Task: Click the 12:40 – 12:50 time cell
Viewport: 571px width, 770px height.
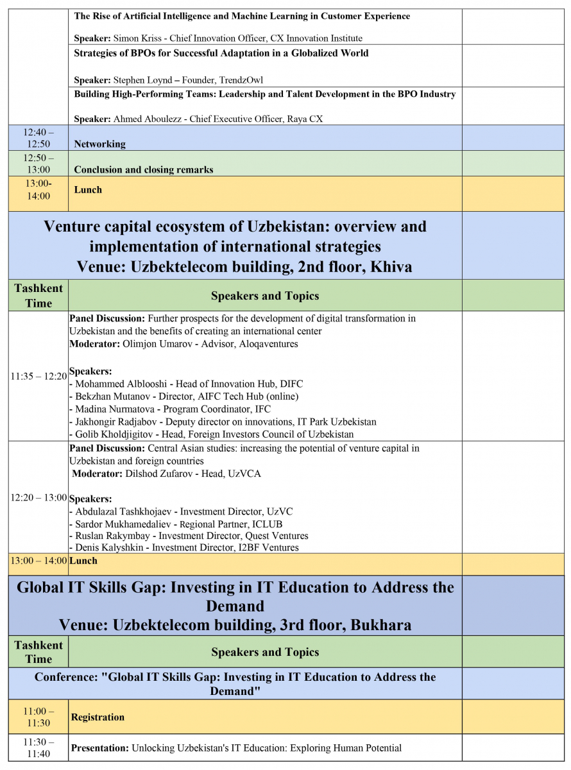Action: click(x=38, y=138)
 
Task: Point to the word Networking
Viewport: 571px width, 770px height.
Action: click(x=100, y=144)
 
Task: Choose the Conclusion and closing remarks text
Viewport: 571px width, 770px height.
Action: click(x=144, y=170)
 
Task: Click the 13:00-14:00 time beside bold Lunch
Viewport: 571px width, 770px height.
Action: click(x=38, y=190)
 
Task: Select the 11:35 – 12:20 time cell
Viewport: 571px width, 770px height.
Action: click(x=38, y=377)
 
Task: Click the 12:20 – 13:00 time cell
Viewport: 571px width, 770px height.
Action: click(x=38, y=497)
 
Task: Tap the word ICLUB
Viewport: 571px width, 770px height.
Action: click(x=267, y=524)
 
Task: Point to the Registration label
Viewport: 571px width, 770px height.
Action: click(x=98, y=717)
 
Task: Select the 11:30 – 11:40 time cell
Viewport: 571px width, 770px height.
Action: click(x=38, y=748)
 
